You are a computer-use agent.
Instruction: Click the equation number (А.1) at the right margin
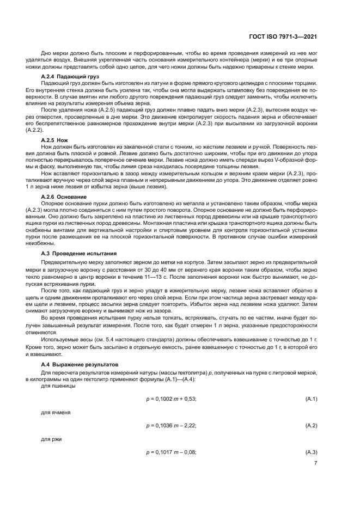point(311,399)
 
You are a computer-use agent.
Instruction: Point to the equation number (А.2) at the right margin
point(311,425)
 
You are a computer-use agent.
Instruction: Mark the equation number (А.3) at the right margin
point(311,452)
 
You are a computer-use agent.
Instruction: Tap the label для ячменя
point(53,412)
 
